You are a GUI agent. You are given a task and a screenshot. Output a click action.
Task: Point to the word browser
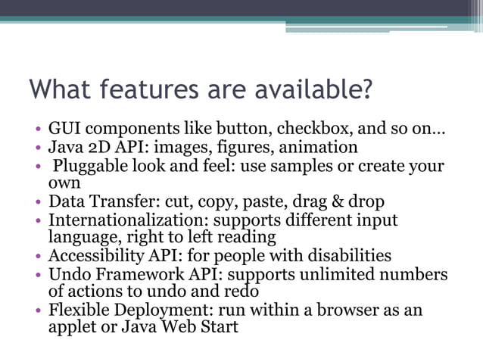(x=339, y=310)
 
